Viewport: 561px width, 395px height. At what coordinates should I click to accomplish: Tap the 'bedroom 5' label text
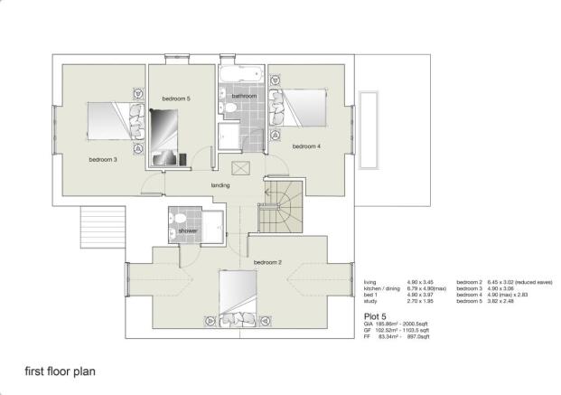tap(176, 98)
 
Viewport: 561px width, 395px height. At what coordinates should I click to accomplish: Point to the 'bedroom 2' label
tap(268, 262)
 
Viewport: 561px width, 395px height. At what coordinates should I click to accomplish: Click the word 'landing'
tap(220, 185)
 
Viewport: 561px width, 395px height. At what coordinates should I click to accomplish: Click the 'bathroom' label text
tap(244, 96)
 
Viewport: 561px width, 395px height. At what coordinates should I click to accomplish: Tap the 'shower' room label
tap(187, 231)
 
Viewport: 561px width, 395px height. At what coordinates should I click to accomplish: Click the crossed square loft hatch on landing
tap(241, 168)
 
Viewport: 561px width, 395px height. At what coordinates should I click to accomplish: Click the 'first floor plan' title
tap(61, 371)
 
